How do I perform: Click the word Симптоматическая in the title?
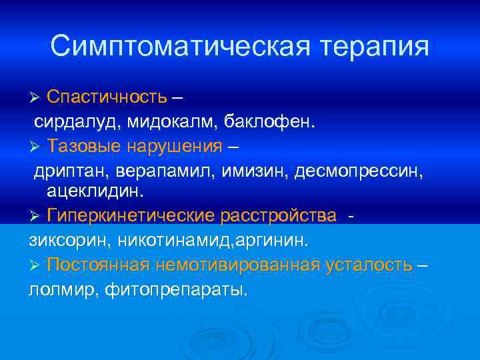pyautogui.click(x=179, y=46)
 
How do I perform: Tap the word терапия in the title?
pyautogui.click(x=375, y=46)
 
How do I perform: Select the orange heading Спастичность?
pyautogui.click(x=107, y=97)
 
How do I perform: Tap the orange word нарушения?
pyautogui.click(x=173, y=147)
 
